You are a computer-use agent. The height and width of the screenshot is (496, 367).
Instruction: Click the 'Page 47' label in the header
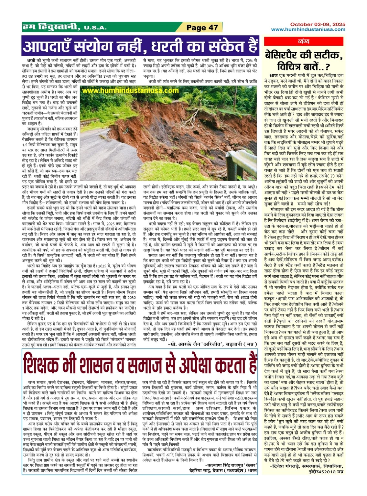202,28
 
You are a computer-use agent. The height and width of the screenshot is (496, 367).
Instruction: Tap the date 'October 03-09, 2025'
318,24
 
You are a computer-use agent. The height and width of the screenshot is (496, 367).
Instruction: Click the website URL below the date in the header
308,29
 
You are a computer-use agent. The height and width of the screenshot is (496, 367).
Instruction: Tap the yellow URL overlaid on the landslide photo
130,91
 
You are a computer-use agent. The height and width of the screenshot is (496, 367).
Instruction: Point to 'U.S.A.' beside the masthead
95,28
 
